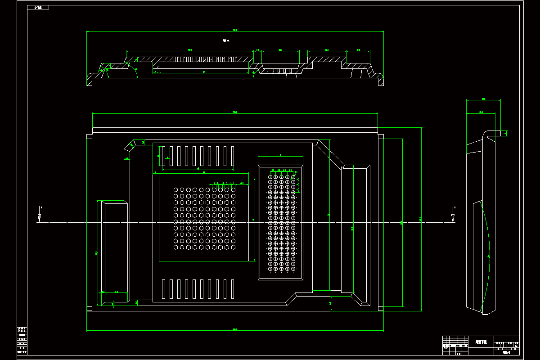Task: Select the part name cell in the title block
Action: tap(481, 342)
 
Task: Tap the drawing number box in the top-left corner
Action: tap(38, 7)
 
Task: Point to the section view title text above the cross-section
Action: tap(226, 40)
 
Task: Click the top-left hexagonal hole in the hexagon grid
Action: tap(175, 190)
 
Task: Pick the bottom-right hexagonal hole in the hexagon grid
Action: tap(234, 247)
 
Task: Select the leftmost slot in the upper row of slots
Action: tap(164, 156)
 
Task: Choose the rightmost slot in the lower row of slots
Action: tap(233, 289)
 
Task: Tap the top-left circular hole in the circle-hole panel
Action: tap(270, 177)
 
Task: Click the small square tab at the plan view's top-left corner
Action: tap(89, 136)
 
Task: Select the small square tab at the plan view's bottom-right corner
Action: tap(381, 309)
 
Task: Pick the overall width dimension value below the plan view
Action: tap(235, 329)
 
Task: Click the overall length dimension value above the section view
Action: tap(235, 30)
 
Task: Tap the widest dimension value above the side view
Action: tap(483, 99)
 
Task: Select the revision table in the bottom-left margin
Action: tap(22, 341)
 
